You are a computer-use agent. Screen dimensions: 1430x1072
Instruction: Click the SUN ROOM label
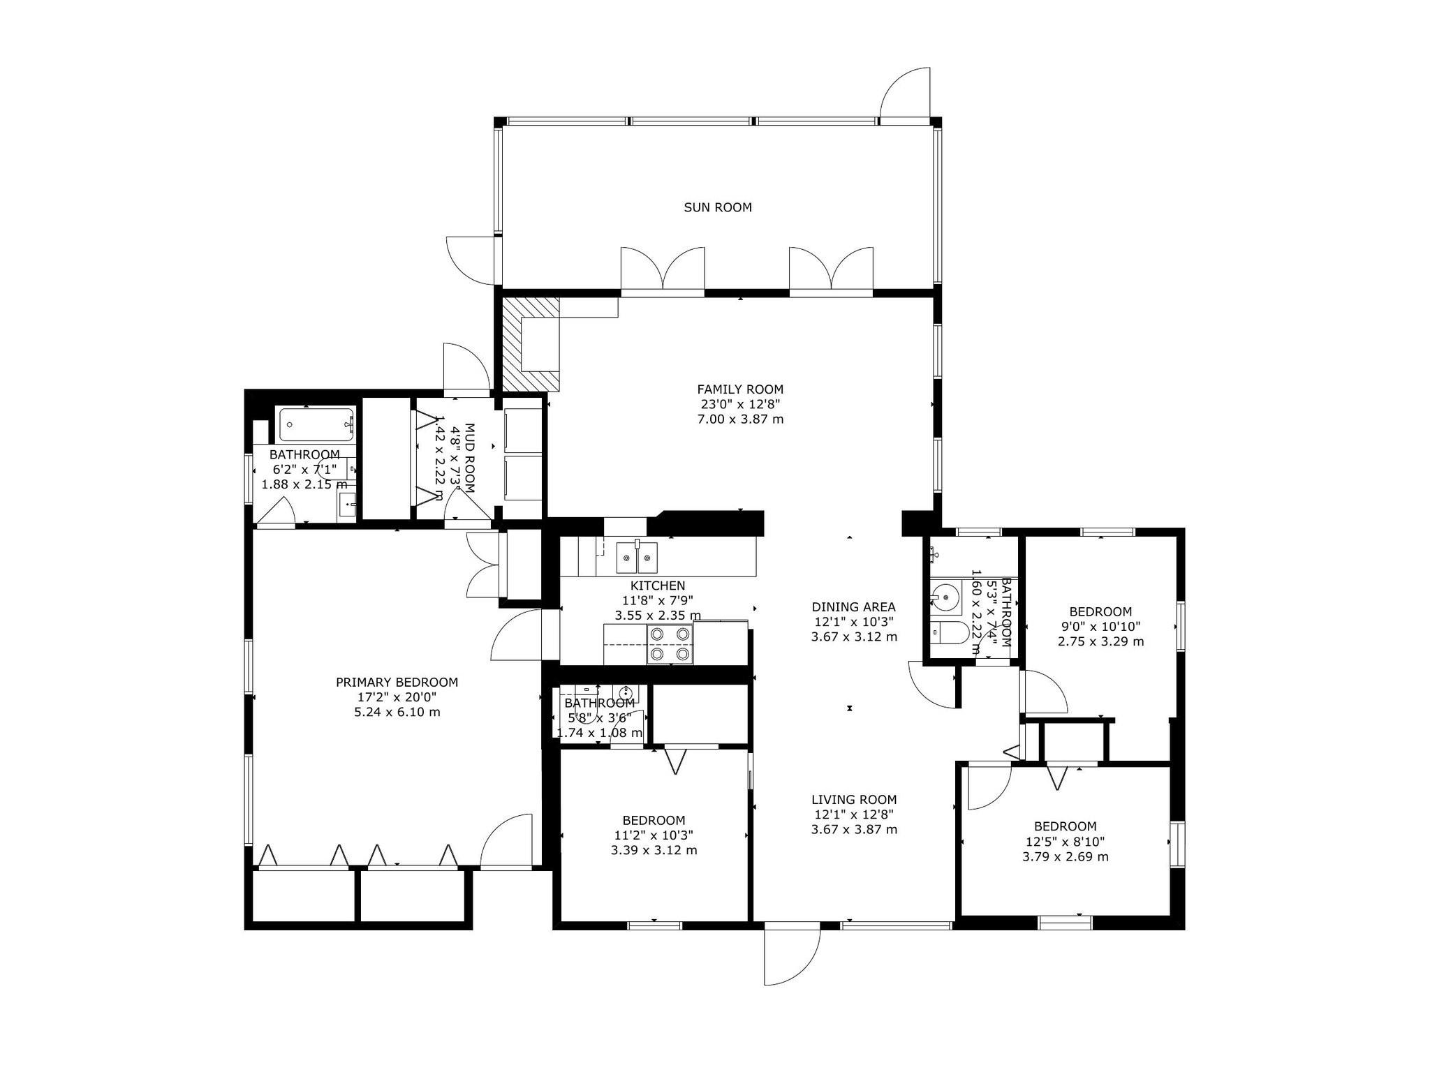[717, 207]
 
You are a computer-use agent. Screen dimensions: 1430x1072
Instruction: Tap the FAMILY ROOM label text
[740, 389]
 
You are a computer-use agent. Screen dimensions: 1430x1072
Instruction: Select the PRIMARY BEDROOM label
[397, 683]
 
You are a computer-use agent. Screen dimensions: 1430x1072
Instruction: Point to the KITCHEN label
[658, 586]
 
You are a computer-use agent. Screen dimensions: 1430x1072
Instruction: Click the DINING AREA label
[853, 607]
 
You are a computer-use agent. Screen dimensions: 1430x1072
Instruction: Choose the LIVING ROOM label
[854, 800]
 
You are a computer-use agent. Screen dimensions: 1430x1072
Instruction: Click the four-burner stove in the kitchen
[670, 643]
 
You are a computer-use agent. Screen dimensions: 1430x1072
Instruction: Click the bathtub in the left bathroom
[318, 424]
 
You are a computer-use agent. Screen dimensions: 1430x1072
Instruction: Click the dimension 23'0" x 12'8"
[740, 404]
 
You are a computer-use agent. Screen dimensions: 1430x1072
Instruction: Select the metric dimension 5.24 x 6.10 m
[397, 713]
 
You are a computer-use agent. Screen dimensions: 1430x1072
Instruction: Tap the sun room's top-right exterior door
[905, 94]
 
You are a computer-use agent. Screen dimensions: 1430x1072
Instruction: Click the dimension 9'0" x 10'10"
[1100, 627]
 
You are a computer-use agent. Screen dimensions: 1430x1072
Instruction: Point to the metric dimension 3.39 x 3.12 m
[654, 850]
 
